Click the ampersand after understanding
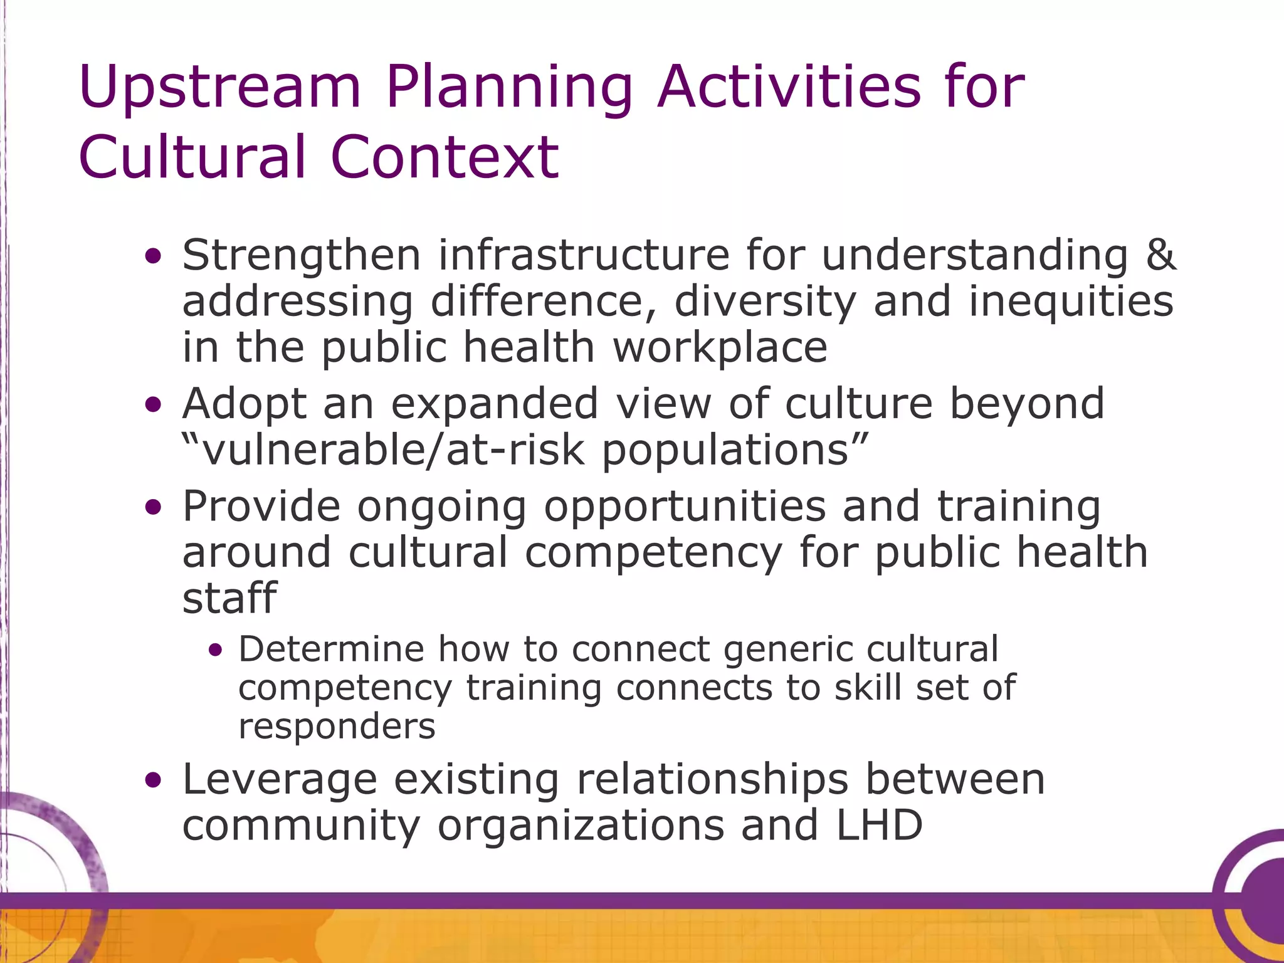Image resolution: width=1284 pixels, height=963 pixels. (x=1160, y=255)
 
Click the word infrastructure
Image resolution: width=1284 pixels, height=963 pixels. (x=584, y=255)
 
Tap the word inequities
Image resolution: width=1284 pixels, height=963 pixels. (x=1071, y=302)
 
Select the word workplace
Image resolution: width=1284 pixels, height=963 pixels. (x=720, y=349)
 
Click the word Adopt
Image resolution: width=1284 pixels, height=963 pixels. (x=244, y=405)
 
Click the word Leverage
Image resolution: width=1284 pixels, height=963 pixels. (x=280, y=781)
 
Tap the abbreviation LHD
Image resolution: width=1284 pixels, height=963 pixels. (x=880, y=825)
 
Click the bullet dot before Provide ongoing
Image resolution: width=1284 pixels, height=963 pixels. (x=152, y=507)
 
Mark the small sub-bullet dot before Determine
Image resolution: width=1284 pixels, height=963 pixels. (x=216, y=651)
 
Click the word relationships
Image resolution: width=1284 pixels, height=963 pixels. (x=712, y=781)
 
